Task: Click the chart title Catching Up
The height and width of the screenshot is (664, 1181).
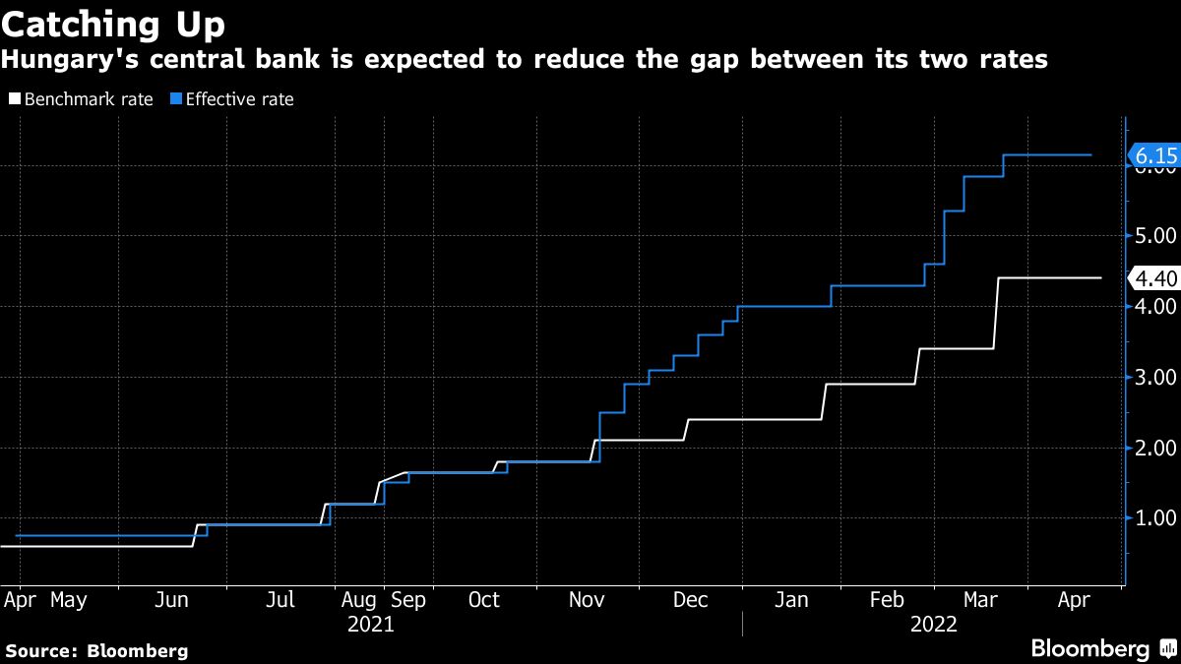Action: click(113, 23)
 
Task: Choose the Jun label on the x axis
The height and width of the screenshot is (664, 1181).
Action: click(172, 600)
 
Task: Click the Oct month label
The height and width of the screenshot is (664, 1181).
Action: click(483, 600)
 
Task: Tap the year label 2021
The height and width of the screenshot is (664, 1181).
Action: click(371, 624)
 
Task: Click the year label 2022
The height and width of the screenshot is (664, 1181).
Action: click(934, 624)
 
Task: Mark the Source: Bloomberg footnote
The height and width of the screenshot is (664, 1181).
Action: click(96, 650)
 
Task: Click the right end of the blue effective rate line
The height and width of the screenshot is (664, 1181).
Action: click(1090, 155)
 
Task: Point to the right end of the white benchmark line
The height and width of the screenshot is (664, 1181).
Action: click(1099, 278)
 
